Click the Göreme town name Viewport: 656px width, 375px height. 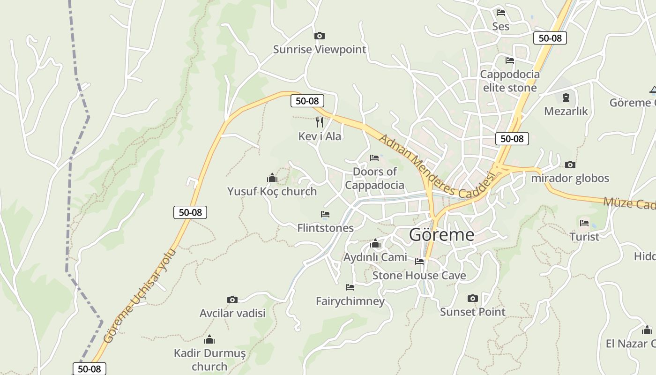pos(441,234)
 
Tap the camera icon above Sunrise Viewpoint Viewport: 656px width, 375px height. pos(320,36)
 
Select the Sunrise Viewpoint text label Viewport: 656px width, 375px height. pos(320,49)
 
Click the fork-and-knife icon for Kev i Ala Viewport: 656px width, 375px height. pos(320,122)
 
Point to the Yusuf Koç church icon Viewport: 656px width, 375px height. pos(272,178)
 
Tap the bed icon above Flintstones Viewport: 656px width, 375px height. pos(325,214)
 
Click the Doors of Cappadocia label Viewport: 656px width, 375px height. pos(374,178)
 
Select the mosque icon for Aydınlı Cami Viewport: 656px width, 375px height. pos(375,244)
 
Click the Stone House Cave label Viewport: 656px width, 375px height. pos(419,275)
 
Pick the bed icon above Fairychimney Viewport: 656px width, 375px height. pos(350,287)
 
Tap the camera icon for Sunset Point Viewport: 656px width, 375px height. pos(472,298)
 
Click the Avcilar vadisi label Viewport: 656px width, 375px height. pos(232,313)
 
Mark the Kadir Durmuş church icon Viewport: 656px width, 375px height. pos(209,339)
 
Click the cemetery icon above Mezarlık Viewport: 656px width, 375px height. pos(566,97)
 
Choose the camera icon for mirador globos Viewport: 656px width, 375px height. pos(570,165)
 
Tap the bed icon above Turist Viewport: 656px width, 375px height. pos(584,223)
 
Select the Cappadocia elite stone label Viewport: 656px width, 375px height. pos(510,81)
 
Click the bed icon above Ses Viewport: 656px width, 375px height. pos(501,12)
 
